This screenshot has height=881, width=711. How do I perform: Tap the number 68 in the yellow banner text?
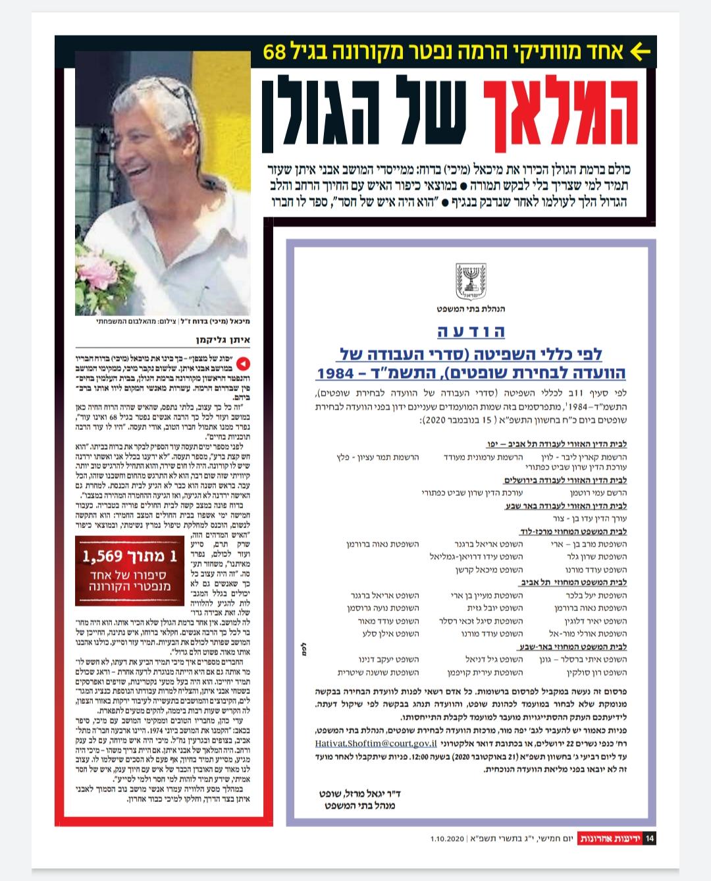coord(275,53)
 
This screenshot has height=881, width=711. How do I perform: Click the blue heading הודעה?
coord(470,331)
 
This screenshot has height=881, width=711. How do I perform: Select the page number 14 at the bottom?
coord(650,838)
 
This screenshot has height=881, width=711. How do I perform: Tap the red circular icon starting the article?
coord(244,363)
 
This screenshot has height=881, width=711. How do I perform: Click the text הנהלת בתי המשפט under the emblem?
coord(470,308)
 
